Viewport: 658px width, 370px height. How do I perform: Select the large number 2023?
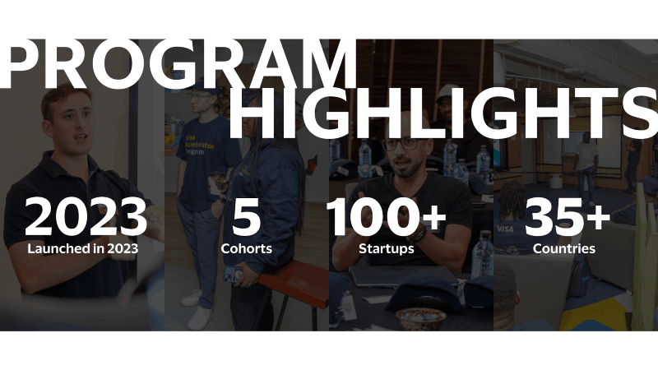pyautogui.click(x=86, y=218)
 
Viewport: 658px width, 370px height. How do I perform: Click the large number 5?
pyautogui.click(x=246, y=218)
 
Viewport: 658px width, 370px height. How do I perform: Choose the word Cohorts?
pyautogui.click(x=246, y=247)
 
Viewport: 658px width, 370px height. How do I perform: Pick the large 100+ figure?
pyautogui.click(x=387, y=218)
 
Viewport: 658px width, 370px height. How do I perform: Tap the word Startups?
pyautogui.click(x=387, y=247)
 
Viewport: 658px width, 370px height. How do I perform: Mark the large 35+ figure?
pyautogui.click(x=567, y=218)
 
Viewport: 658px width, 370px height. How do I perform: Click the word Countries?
pyautogui.click(x=564, y=247)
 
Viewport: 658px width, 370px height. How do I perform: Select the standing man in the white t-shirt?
pyautogui.click(x=586, y=164)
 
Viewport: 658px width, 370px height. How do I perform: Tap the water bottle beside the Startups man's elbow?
pyautogui.click(x=484, y=254)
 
